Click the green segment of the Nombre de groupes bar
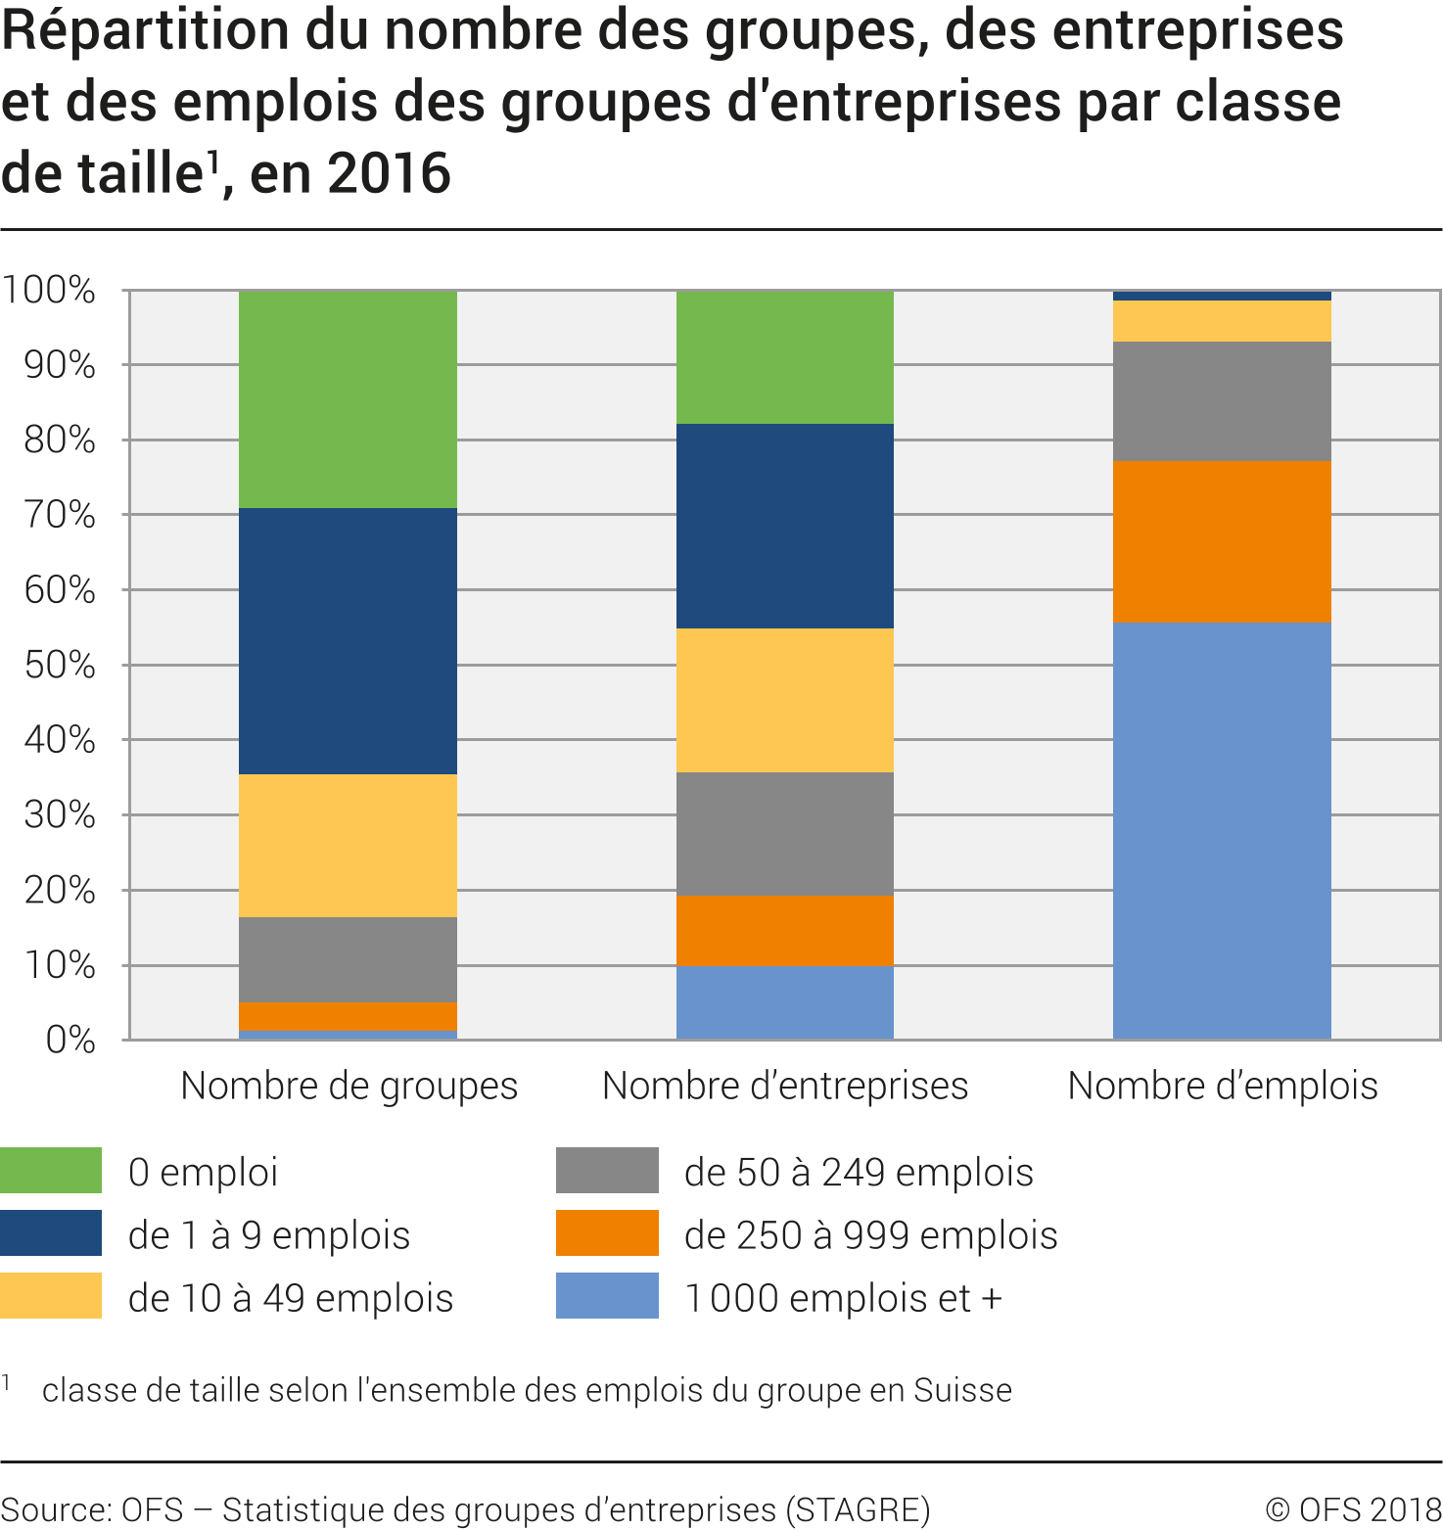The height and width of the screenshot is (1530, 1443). [348, 398]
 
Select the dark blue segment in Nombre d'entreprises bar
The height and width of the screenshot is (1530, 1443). [784, 526]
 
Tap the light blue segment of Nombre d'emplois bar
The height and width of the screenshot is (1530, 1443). [1222, 830]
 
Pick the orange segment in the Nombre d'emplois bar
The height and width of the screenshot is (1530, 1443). [1222, 541]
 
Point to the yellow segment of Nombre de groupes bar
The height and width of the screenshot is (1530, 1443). [348, 846]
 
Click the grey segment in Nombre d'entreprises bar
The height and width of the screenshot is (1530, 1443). [784, 834]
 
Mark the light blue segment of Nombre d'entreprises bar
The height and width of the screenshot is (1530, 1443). [784, 1002]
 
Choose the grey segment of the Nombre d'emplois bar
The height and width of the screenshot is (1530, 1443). [1222, 401]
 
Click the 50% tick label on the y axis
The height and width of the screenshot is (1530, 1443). [60, 666]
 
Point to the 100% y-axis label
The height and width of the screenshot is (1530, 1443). [49, 291]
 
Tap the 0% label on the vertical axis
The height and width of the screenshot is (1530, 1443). [70, 1040]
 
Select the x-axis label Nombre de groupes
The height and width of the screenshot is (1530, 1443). [349, 1086]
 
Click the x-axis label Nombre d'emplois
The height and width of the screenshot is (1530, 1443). [1223, 1086]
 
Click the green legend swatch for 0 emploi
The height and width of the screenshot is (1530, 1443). [51, 1171]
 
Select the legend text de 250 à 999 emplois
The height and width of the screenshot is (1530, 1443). [870, 1235]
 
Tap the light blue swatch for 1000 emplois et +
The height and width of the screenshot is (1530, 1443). [607, 1296]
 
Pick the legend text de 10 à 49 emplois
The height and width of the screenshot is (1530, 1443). [291, 1298]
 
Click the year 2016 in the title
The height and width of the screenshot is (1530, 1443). [389, 174]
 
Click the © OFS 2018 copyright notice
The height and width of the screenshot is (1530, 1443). [1353, 1509]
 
